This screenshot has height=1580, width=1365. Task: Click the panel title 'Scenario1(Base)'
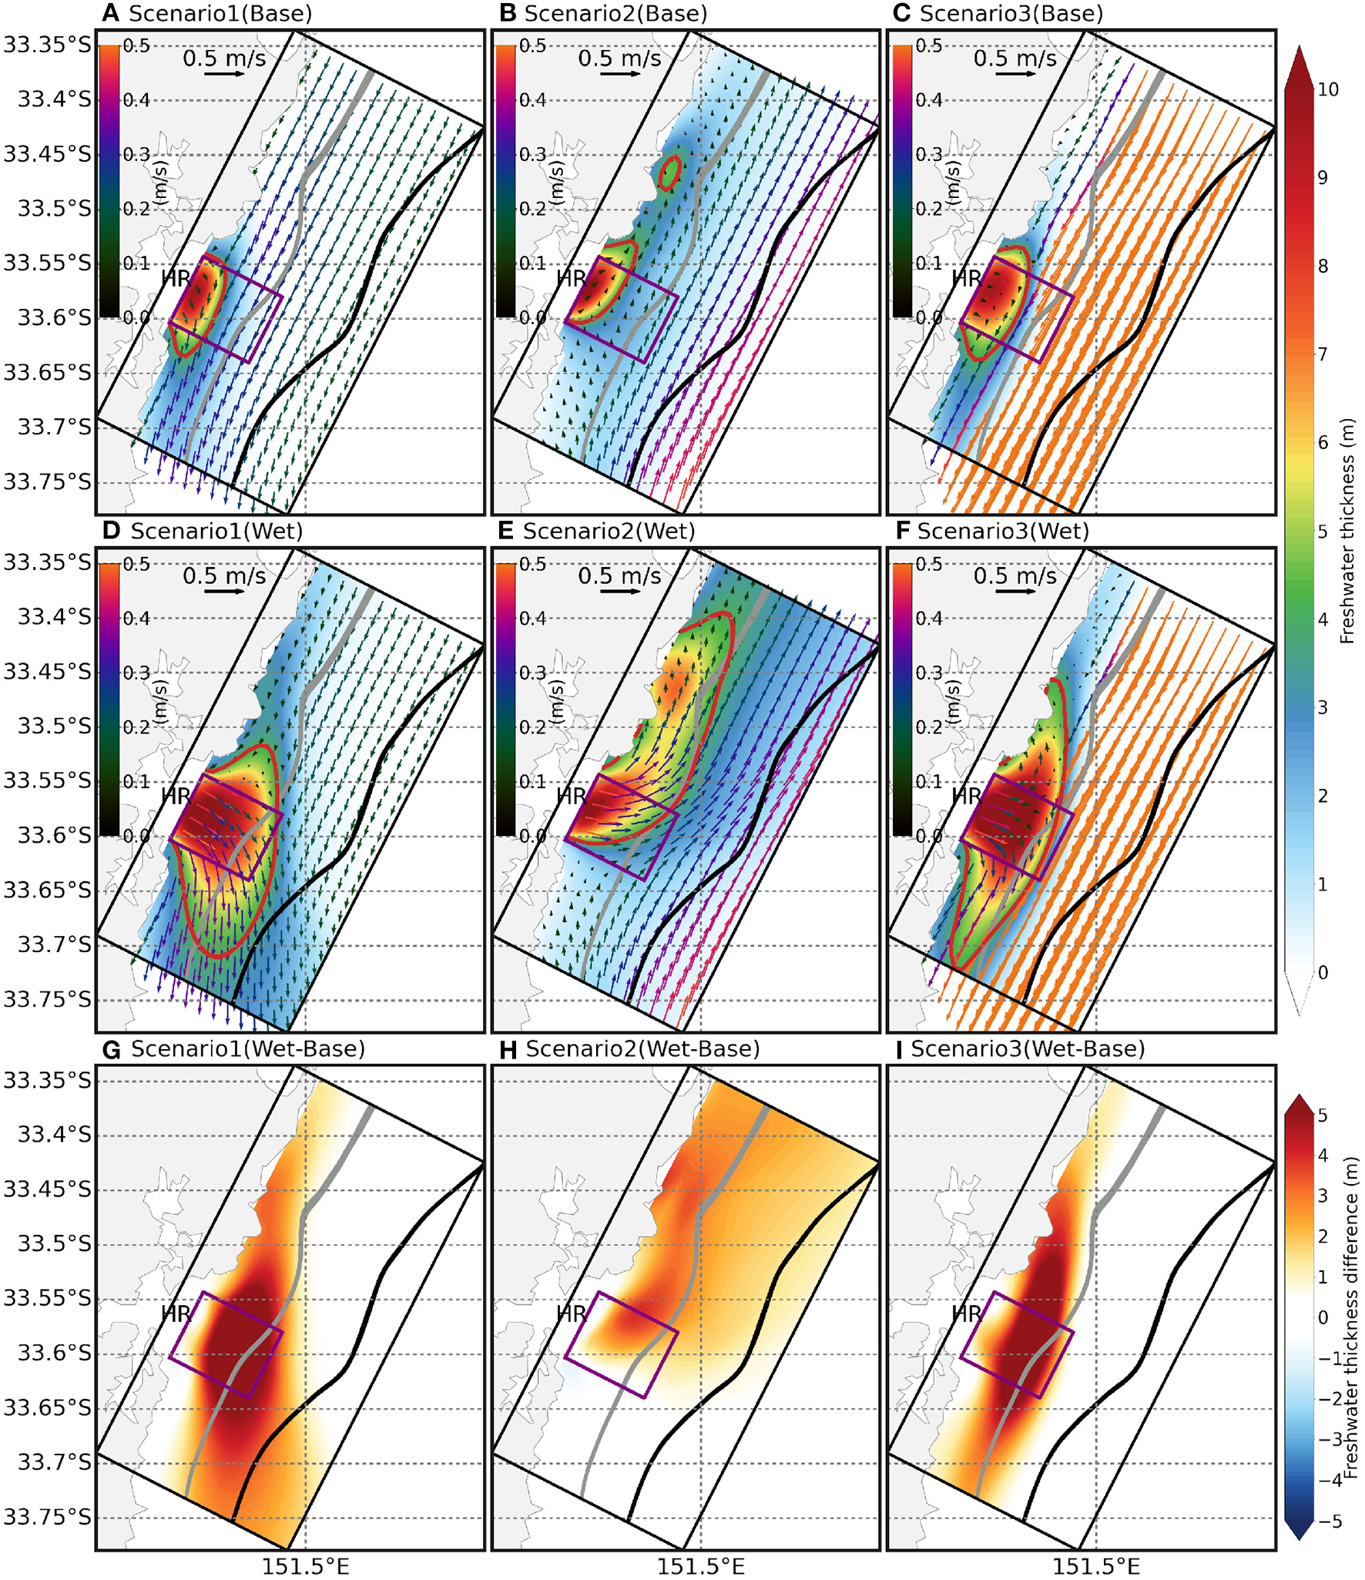220,14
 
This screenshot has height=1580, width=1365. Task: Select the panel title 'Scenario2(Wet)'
609,532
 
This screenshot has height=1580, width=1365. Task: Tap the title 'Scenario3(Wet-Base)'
1028,1049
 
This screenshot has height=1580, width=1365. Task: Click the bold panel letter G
112,1049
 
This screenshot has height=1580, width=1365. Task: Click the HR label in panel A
176,278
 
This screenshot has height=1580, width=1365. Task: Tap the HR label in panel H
572,1314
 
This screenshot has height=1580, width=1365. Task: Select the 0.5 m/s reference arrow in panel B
620,75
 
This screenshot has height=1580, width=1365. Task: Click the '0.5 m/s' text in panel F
1015,576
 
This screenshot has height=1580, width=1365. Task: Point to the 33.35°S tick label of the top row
47,45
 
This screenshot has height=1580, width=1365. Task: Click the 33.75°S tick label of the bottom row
47,1518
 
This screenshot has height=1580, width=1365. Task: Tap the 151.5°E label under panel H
700,1567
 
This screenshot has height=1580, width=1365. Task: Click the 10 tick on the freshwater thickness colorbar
1328,89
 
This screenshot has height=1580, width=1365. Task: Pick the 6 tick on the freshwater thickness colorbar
1323,442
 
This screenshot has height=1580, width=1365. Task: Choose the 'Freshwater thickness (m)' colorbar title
1347,532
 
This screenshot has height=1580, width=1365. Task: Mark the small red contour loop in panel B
669,172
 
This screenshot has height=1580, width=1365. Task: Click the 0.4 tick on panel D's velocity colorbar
136,619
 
